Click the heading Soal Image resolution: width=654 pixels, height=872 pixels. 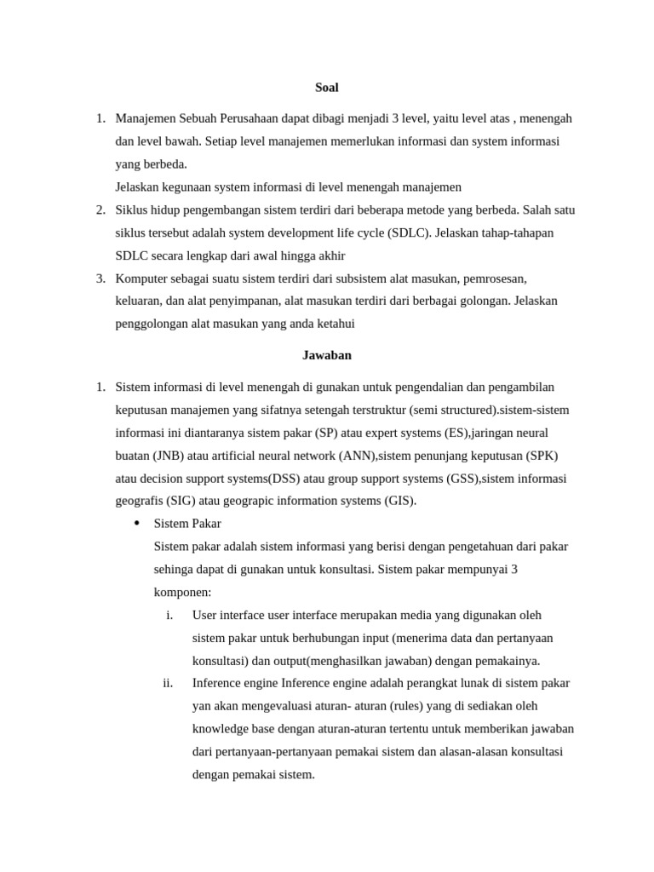click(x=326, y=87)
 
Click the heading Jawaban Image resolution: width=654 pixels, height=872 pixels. click(x=326, y=354)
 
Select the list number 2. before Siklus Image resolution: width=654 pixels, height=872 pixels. click(x=100, y=209)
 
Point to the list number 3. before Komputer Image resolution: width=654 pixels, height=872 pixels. click(x=100, y=278)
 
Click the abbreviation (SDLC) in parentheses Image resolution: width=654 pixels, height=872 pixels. click(x=408, y=232)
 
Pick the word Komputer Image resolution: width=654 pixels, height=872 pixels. click(x=141, y=278)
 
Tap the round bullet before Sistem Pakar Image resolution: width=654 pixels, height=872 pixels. click(x=136, y=523)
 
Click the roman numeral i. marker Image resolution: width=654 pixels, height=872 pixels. click(x=169, y=615)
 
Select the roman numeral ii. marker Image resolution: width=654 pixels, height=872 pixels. click(x=168, y=683)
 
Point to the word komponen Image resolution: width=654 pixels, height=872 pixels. click(x=181, y=592)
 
